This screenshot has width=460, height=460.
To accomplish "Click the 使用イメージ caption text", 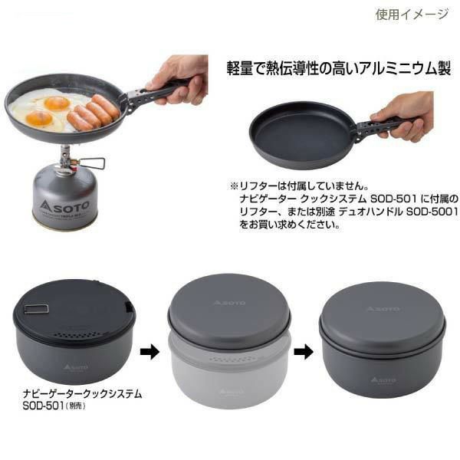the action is point(412,14).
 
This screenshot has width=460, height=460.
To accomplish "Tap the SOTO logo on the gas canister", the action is point(64,205).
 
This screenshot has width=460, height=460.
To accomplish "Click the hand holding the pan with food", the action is point(178,79).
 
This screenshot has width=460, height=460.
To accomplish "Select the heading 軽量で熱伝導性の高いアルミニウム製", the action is point(339,69).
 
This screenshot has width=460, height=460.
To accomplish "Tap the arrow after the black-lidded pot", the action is point(149,350).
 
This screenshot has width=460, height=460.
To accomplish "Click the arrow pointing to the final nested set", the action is point(304,350).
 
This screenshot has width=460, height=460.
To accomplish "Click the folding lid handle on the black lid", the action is point(37,309).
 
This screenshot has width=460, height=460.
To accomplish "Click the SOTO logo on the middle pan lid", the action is point(229,303).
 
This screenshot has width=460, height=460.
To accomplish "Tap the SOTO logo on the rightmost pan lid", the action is point(383,309).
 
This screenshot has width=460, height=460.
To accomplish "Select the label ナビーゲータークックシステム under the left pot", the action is point(82,394).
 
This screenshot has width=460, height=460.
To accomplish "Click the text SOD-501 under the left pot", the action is point(43,406).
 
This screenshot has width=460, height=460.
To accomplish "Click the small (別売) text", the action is point(75,406).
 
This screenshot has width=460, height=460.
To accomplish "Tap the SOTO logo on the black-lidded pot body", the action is point(75,367).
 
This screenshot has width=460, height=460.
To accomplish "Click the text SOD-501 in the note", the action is point(394,199).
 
